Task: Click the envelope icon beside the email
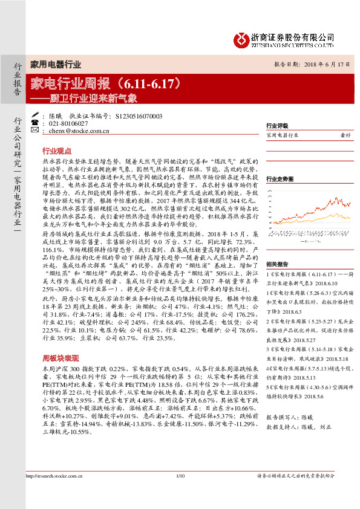(x=34, y=130)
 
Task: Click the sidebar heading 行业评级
(x=277, y=126)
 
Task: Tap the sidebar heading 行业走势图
(x=280, y=179)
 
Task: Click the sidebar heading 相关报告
(x=277, y=264)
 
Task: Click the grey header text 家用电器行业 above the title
(x=55, y=64)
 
